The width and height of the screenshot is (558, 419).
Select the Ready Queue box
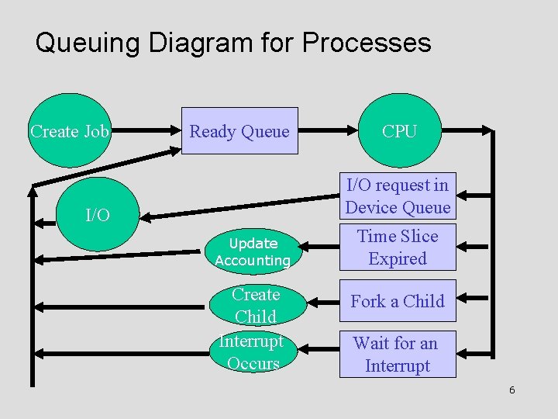point(239,131)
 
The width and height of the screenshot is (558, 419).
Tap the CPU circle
point(399,131)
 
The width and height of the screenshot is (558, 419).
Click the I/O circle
point(98,215)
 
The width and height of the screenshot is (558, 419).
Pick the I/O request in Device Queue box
point(398,196)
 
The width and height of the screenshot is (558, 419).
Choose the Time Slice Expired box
point(398,248)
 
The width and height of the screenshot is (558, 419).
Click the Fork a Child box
point(398,301)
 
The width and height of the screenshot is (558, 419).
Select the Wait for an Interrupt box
point(398,355)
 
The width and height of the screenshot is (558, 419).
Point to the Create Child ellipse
point(256,305)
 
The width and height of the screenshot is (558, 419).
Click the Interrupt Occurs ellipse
point(253,352)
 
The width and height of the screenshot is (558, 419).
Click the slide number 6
point(511,390)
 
